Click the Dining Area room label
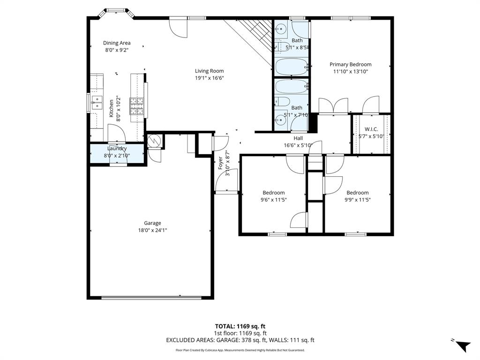point(117,43)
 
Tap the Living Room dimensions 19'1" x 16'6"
point(210,78)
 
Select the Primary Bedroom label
point(350,65)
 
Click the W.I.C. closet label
point(371,129)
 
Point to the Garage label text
point(152,223)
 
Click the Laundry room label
point(117,149)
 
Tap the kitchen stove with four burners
point(137,106)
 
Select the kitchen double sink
point(97,102)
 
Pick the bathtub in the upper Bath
point(291,67)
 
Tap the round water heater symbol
point(154,141)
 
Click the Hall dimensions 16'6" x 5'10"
point(298,145)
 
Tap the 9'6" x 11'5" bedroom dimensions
point(273,200)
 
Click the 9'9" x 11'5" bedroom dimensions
point(357,200)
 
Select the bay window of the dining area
point(116,11)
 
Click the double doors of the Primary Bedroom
point(333,106)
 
